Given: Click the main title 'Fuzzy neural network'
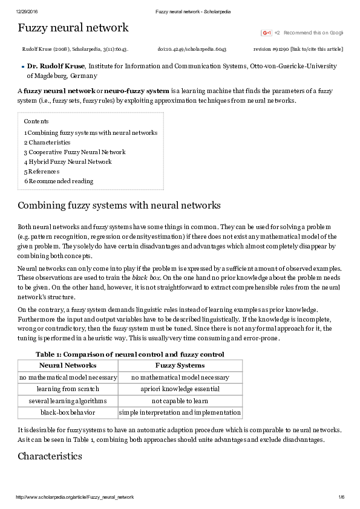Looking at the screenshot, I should [x=73, y=28].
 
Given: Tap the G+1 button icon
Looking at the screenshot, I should [x=266, y=33].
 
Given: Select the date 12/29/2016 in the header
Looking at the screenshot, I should [x=27, y=11].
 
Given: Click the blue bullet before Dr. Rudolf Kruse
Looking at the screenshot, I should [x=22, y=67].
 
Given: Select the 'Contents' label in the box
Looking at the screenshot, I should [x=36, y=121].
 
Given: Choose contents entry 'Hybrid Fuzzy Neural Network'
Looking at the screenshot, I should [x=70, y=162].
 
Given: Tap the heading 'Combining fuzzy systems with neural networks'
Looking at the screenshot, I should [x=119, y=206].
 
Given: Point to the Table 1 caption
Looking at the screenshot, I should [x=129, y=354].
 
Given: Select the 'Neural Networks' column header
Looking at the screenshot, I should [x=67, y=365].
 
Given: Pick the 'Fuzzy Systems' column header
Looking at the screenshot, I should [x=180, y=365].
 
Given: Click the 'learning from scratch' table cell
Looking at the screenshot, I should [x=67, y=389].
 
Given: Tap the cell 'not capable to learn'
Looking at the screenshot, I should [x=180, y=401].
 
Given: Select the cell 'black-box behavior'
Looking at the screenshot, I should [x=67, y=413].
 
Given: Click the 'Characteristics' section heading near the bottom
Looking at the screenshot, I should [x=50, y=456].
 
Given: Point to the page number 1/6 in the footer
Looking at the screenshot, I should [x=341, y=497].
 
